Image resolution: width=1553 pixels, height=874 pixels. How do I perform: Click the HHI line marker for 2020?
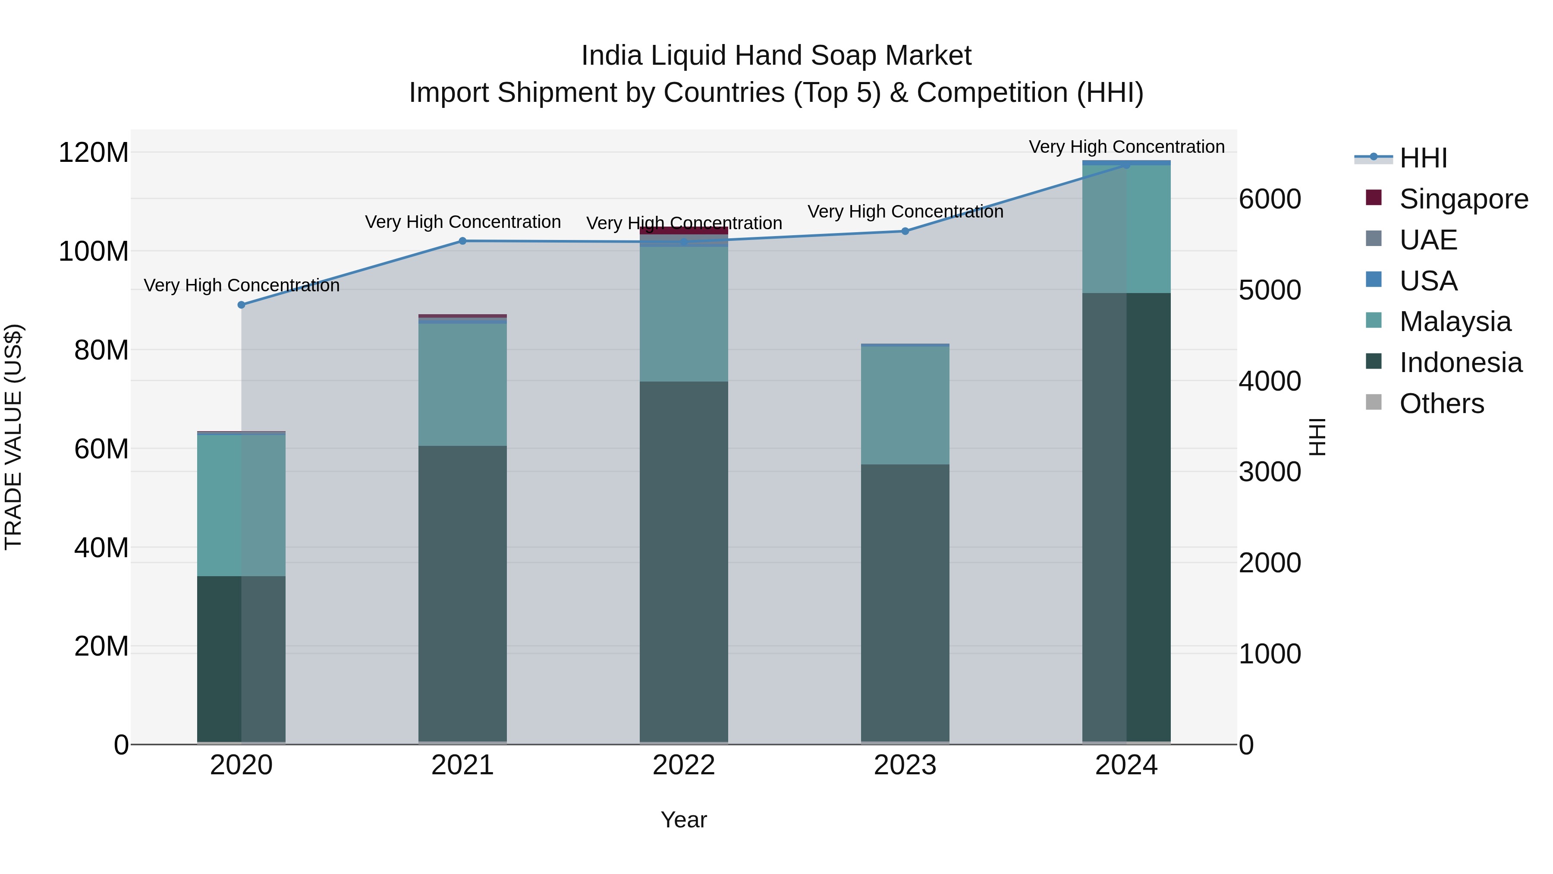point(241,305)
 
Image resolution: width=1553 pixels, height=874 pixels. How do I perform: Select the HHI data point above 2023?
point(905,231)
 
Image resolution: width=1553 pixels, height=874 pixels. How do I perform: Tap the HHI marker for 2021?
point(462,241)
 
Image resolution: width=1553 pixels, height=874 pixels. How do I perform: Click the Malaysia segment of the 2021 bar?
point(462,385)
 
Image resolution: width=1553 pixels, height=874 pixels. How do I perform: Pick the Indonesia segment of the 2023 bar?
point(905,603)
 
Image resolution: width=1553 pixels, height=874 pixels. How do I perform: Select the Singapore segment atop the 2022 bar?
point(684,230)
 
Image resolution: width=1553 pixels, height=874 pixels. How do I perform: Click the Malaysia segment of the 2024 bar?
point(1126,229)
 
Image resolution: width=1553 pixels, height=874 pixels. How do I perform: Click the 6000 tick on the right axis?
point(1270,199)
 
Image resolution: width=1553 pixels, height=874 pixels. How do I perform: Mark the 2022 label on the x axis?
point(684,765)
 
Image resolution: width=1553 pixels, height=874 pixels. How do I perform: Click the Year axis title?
point(684,820)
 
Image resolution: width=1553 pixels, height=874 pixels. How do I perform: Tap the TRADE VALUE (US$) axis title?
point(13,437)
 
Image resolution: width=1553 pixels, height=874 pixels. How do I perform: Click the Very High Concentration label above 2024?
point(1126,147)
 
